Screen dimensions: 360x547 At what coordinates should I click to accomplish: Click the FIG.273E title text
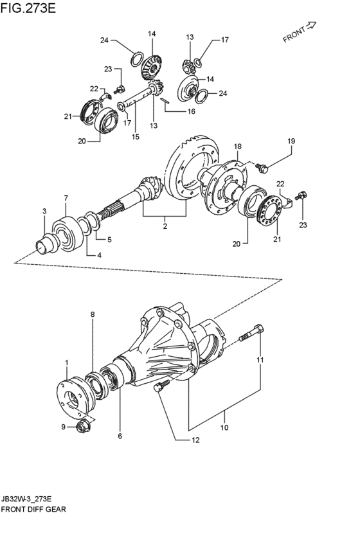pos(28,8)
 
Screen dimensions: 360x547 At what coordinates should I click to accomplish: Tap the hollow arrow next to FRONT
pos(310,25)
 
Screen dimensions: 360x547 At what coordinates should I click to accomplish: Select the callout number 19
pos(291,141)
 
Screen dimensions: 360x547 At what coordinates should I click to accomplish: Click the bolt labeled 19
pos(262,169)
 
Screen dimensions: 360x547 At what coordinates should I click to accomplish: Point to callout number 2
pos(165,226)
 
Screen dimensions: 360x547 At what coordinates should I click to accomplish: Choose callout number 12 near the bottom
pos(195,440)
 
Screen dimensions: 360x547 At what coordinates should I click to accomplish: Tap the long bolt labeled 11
pos(251,333)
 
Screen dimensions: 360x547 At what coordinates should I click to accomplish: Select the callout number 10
pos(224,427)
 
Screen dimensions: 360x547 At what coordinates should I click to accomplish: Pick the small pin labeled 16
pos(165,100)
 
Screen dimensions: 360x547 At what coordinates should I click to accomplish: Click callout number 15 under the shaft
pos(136,137)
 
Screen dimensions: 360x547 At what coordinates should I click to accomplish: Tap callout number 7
pos(66,198)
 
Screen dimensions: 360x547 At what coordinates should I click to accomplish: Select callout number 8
pos(93,314)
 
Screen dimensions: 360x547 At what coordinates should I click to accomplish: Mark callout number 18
pos(238,147)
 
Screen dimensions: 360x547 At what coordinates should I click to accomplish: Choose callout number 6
pos(120,436)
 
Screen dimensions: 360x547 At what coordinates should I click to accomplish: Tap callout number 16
pos(191,112)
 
